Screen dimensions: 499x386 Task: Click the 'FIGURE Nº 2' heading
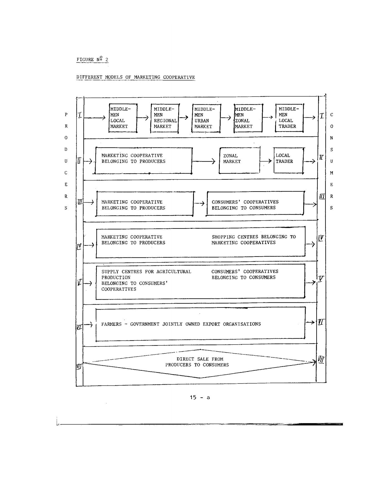[92, 59]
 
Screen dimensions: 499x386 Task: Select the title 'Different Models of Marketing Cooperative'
[136, 77]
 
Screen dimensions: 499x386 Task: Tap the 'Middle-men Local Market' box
[123, 118]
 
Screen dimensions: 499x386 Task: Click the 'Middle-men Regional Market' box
[165, 118]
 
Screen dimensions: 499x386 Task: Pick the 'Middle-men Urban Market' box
[206, 118]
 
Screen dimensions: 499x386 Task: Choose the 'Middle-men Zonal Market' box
[248, 118]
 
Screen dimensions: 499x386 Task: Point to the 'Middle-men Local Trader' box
[289, 118]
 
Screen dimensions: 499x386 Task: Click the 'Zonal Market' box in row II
[239, 160]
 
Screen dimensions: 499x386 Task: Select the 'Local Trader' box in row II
[288, 160]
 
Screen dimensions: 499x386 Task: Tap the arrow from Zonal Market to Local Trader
[266, 161]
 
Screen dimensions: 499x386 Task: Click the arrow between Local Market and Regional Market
[144, 118]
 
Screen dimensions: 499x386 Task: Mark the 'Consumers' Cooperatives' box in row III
[255, 203]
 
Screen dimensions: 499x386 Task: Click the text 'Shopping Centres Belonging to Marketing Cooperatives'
[253, 240]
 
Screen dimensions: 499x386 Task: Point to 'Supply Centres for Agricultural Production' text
[146, 274]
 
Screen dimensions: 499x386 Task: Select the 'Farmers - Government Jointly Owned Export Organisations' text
[181, 324]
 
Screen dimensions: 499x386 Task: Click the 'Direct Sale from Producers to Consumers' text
[197, 362]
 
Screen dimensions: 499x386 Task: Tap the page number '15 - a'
[200, 397]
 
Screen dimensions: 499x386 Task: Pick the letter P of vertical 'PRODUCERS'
[66, 114]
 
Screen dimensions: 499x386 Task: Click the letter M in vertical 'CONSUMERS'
[332, 173]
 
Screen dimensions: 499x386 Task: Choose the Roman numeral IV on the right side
[321, 238]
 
